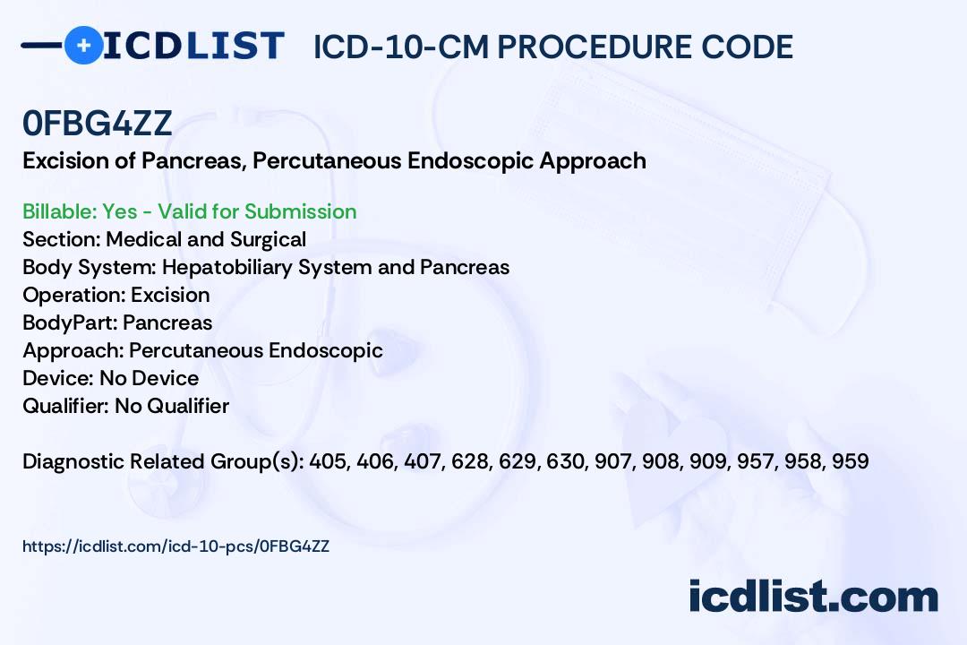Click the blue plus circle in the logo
click(83, 45)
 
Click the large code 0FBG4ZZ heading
click(97, 123)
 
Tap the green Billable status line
click(189, 211)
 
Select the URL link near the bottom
click(175, 546)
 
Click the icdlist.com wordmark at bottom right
click(813, 596)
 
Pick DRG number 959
click(851, 461)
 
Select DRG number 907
click(613, 461)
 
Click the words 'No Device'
click(150, 378)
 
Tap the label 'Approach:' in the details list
click(73, 350)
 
